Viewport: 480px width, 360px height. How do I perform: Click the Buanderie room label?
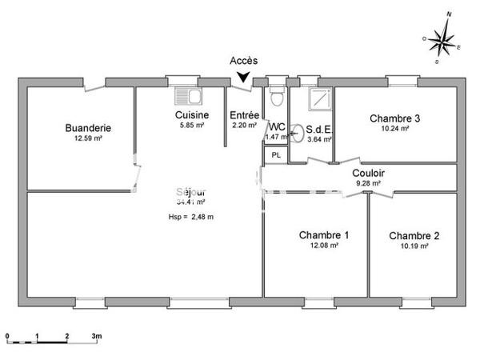[88, 127]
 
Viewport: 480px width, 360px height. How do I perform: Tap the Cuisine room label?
[192, 115]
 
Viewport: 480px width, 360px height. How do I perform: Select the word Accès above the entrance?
[243, 60]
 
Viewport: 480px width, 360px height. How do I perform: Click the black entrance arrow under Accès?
[242, 78]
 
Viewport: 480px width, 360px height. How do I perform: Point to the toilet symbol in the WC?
[276, 98]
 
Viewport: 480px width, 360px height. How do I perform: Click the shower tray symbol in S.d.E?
[318, 97]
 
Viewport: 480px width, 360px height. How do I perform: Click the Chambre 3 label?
[395, 118]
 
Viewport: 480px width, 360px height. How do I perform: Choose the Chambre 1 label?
[324, 235]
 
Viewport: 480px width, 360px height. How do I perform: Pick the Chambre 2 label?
[414, 236]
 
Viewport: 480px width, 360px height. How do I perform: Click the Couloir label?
[369, 172]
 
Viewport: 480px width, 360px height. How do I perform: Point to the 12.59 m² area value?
[88, 138]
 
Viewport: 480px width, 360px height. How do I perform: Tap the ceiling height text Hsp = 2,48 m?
[191, 217]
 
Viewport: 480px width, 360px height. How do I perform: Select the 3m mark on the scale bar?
[97, 336]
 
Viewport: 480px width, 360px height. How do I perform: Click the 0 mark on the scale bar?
[7, 336]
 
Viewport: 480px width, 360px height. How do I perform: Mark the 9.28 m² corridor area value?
[368, 183]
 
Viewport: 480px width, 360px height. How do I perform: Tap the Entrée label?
[243, 115]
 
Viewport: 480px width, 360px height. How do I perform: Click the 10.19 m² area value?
[414, 247]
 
